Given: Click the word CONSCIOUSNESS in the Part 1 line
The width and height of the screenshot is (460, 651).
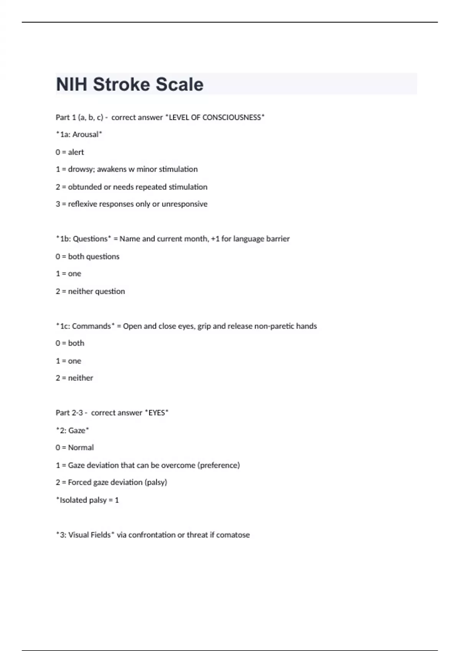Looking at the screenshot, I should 232,118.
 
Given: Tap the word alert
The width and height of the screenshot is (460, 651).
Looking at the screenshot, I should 76,152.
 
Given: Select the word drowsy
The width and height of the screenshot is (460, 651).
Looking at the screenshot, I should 81,169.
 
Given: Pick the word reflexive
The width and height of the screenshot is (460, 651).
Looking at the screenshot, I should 82,204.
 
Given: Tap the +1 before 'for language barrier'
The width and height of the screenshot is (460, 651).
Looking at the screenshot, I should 215,239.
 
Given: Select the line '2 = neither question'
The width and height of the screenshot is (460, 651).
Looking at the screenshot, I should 90,291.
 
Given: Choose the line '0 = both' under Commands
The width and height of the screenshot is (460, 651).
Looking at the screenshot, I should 70,343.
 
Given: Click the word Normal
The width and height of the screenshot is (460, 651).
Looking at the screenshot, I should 81,448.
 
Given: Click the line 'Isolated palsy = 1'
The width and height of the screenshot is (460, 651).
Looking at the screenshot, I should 87,500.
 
